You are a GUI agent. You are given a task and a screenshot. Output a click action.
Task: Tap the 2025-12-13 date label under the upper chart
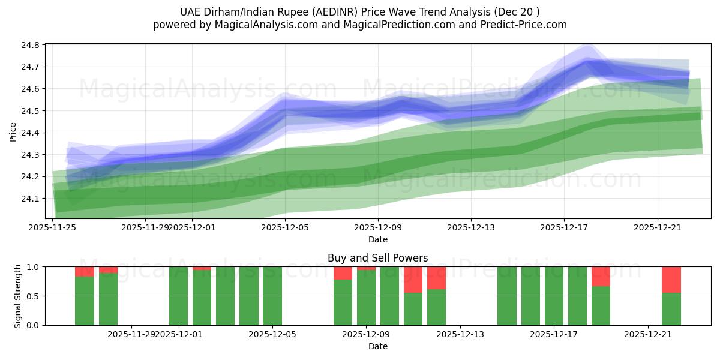point(470,227)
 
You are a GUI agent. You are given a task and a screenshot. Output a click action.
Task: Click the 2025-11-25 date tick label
point(52,227)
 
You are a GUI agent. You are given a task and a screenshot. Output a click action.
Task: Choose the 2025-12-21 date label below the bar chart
point(648,334)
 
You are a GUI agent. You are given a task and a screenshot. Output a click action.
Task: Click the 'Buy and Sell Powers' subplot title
point(377,258)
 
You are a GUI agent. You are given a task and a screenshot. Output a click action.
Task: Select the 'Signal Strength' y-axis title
point(18,296)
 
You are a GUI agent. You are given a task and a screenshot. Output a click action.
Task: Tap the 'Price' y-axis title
point(13,132)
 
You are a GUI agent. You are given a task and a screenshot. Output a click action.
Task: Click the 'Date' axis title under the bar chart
point(377,346)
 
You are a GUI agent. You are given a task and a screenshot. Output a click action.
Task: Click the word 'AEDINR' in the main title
point(338,12)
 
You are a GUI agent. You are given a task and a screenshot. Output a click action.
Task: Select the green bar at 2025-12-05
point(272,296)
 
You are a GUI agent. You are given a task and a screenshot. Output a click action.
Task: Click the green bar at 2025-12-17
point(554,296)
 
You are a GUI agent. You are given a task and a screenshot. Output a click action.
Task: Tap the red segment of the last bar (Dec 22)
point(671,280)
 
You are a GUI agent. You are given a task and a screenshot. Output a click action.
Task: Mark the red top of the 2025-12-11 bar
point(413,280)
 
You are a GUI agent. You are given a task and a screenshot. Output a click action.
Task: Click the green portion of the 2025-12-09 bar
point(366,298)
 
